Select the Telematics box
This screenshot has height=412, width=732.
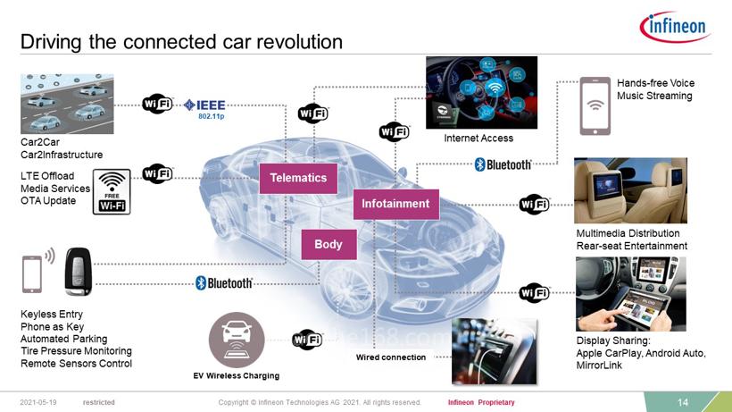point(298,178)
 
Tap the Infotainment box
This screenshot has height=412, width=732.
point(395,204)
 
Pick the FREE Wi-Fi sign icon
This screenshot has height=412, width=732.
point(112,191)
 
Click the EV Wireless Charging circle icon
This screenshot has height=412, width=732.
point(237,340)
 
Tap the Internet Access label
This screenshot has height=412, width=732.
point(478,139)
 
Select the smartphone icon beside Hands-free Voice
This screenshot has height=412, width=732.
point(595,105)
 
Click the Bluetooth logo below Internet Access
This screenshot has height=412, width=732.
point(503,164)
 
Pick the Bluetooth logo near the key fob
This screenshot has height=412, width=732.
point(224,283)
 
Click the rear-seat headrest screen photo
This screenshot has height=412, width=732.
point(629,190)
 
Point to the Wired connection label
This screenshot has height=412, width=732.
point(391,357)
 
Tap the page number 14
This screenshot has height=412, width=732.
point(683,403)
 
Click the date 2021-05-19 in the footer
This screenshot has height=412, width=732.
point(38,403)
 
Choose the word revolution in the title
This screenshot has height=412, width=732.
point(295,42)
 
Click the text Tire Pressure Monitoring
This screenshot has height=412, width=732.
point(76,351)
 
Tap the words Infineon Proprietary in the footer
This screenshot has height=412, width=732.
point(481,403)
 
